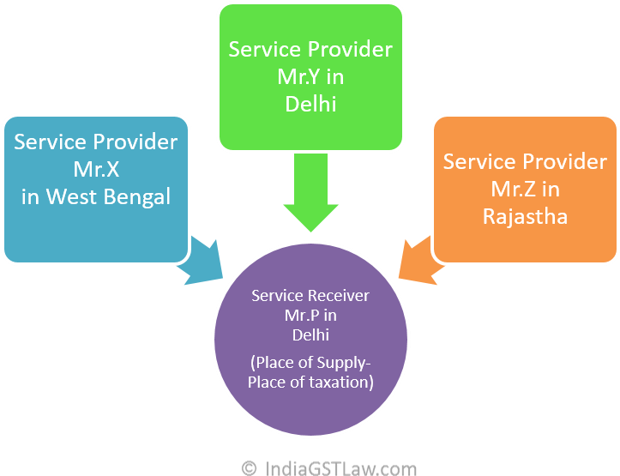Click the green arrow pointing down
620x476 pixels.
click(310, 194)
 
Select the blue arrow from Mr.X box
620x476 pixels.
click(199, 261)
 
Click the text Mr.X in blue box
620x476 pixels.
click(95, 169)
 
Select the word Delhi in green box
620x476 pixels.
click(310, 104)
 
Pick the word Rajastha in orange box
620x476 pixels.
click(525, 215)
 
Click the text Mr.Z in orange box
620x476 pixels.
click(515, 189)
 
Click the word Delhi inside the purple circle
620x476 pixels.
click(310, 334)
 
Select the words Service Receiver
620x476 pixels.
click(310, 295)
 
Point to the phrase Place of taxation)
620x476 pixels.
click(310, 383)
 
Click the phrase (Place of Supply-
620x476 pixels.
click(310, 362)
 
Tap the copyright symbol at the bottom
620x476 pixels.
click(250, 467)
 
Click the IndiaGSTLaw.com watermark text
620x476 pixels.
click(341, 467)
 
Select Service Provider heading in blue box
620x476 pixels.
click(95, 142)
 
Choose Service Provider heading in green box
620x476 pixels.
click(310, 49)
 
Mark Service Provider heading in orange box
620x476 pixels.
click(525, 161)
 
